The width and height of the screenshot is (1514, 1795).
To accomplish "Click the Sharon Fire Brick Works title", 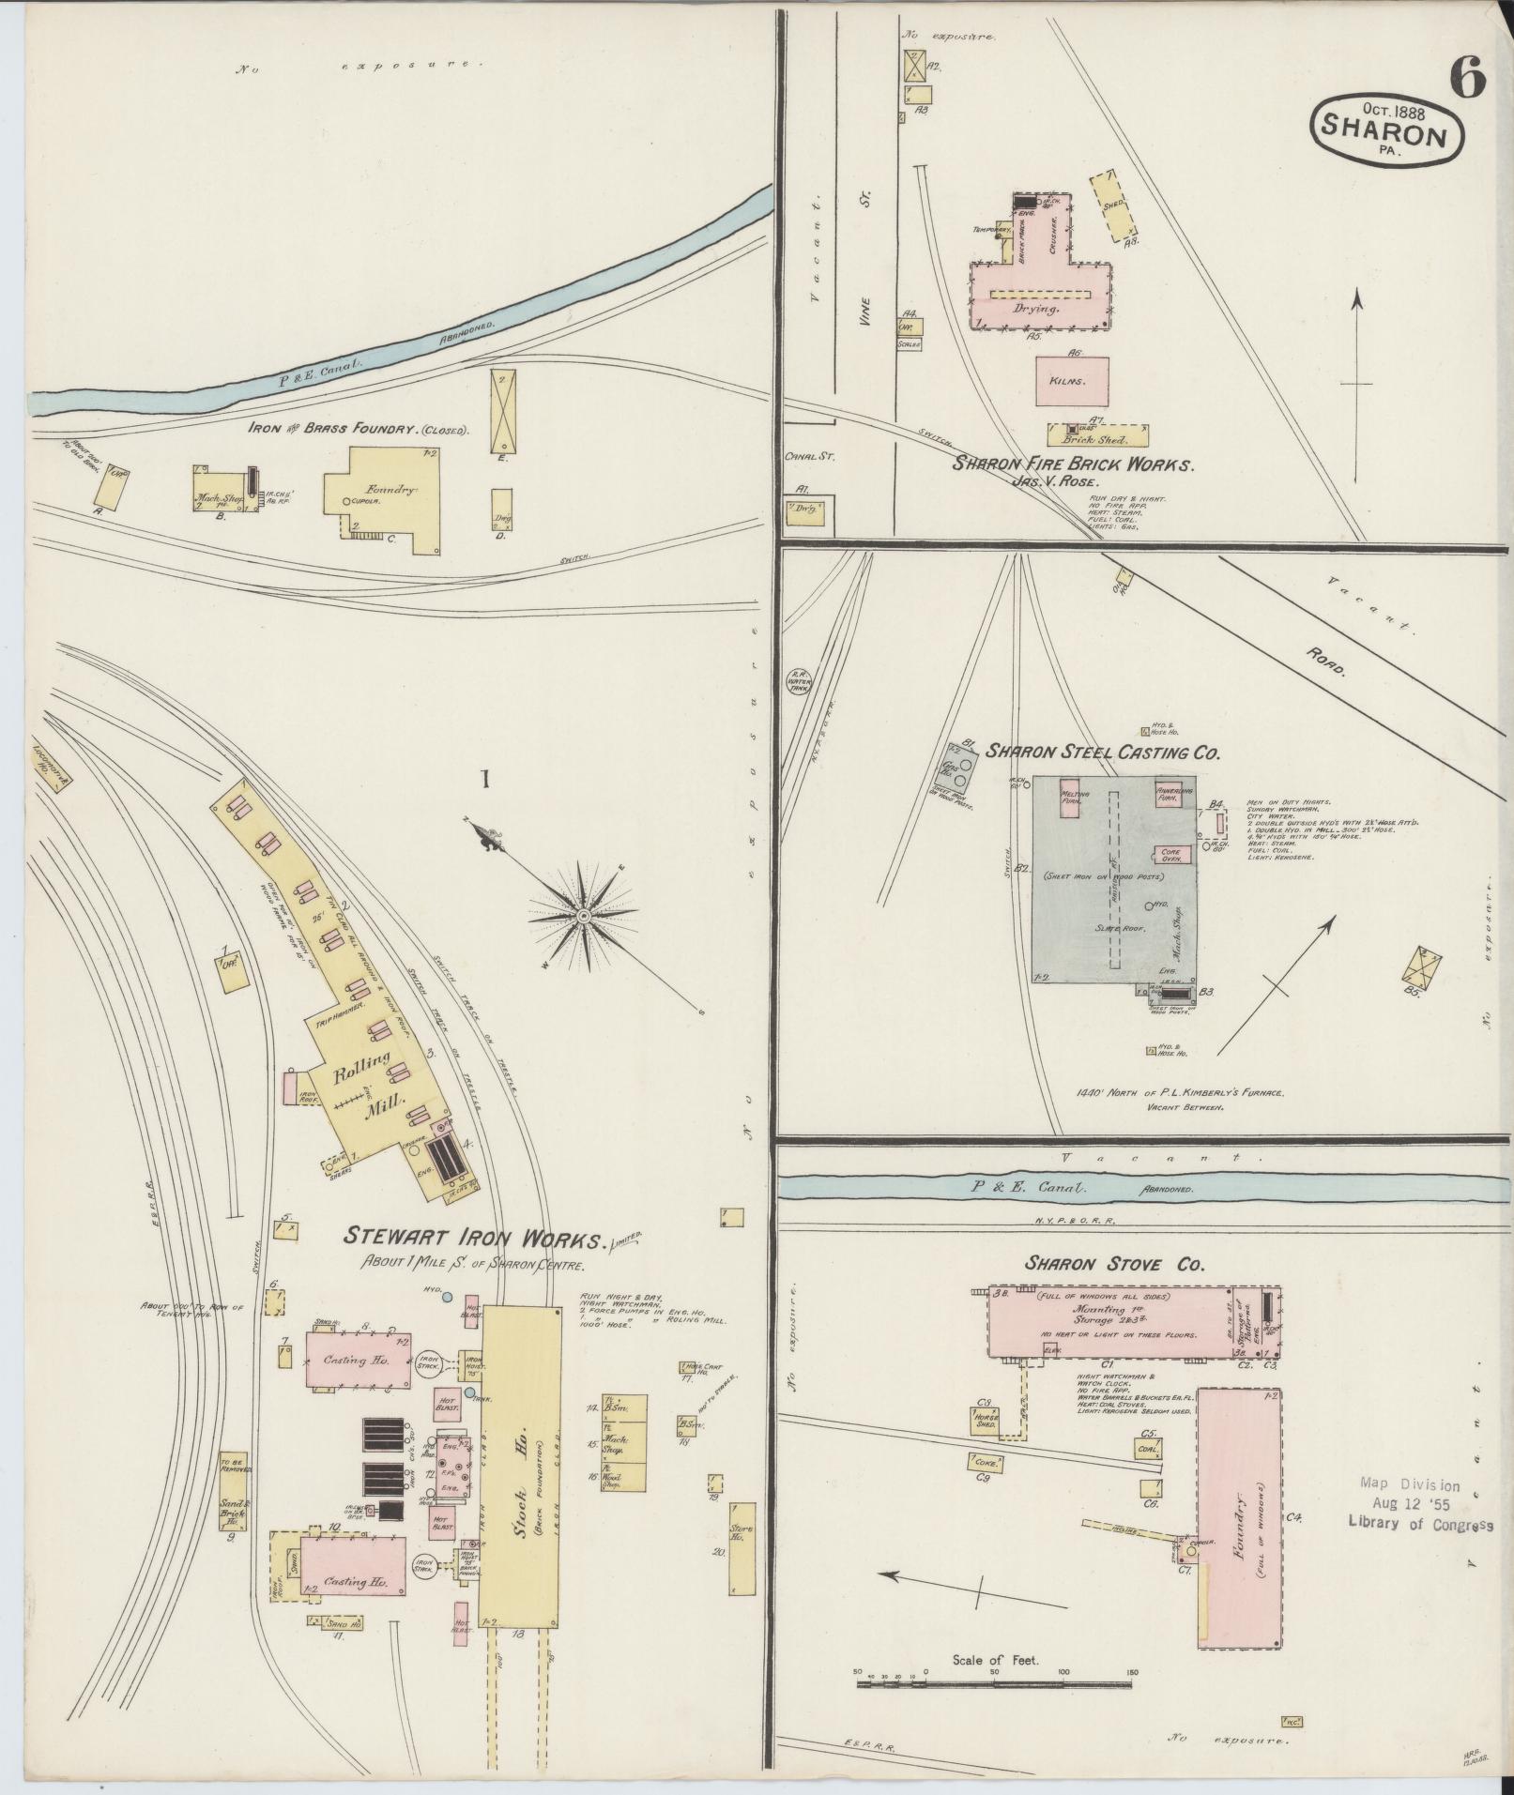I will pos(1073,464).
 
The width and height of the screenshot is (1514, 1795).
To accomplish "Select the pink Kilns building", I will pos(1072,381).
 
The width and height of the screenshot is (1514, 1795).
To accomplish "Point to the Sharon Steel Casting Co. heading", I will pos(1101,752).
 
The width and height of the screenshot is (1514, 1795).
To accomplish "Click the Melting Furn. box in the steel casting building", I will pos(1075,799).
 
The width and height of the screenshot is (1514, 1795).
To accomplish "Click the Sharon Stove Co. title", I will pos(1114,1264).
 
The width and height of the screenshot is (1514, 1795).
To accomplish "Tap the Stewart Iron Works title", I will pos(473,1238).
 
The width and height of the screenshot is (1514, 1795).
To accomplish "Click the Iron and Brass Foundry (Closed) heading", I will pos(359,429).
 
